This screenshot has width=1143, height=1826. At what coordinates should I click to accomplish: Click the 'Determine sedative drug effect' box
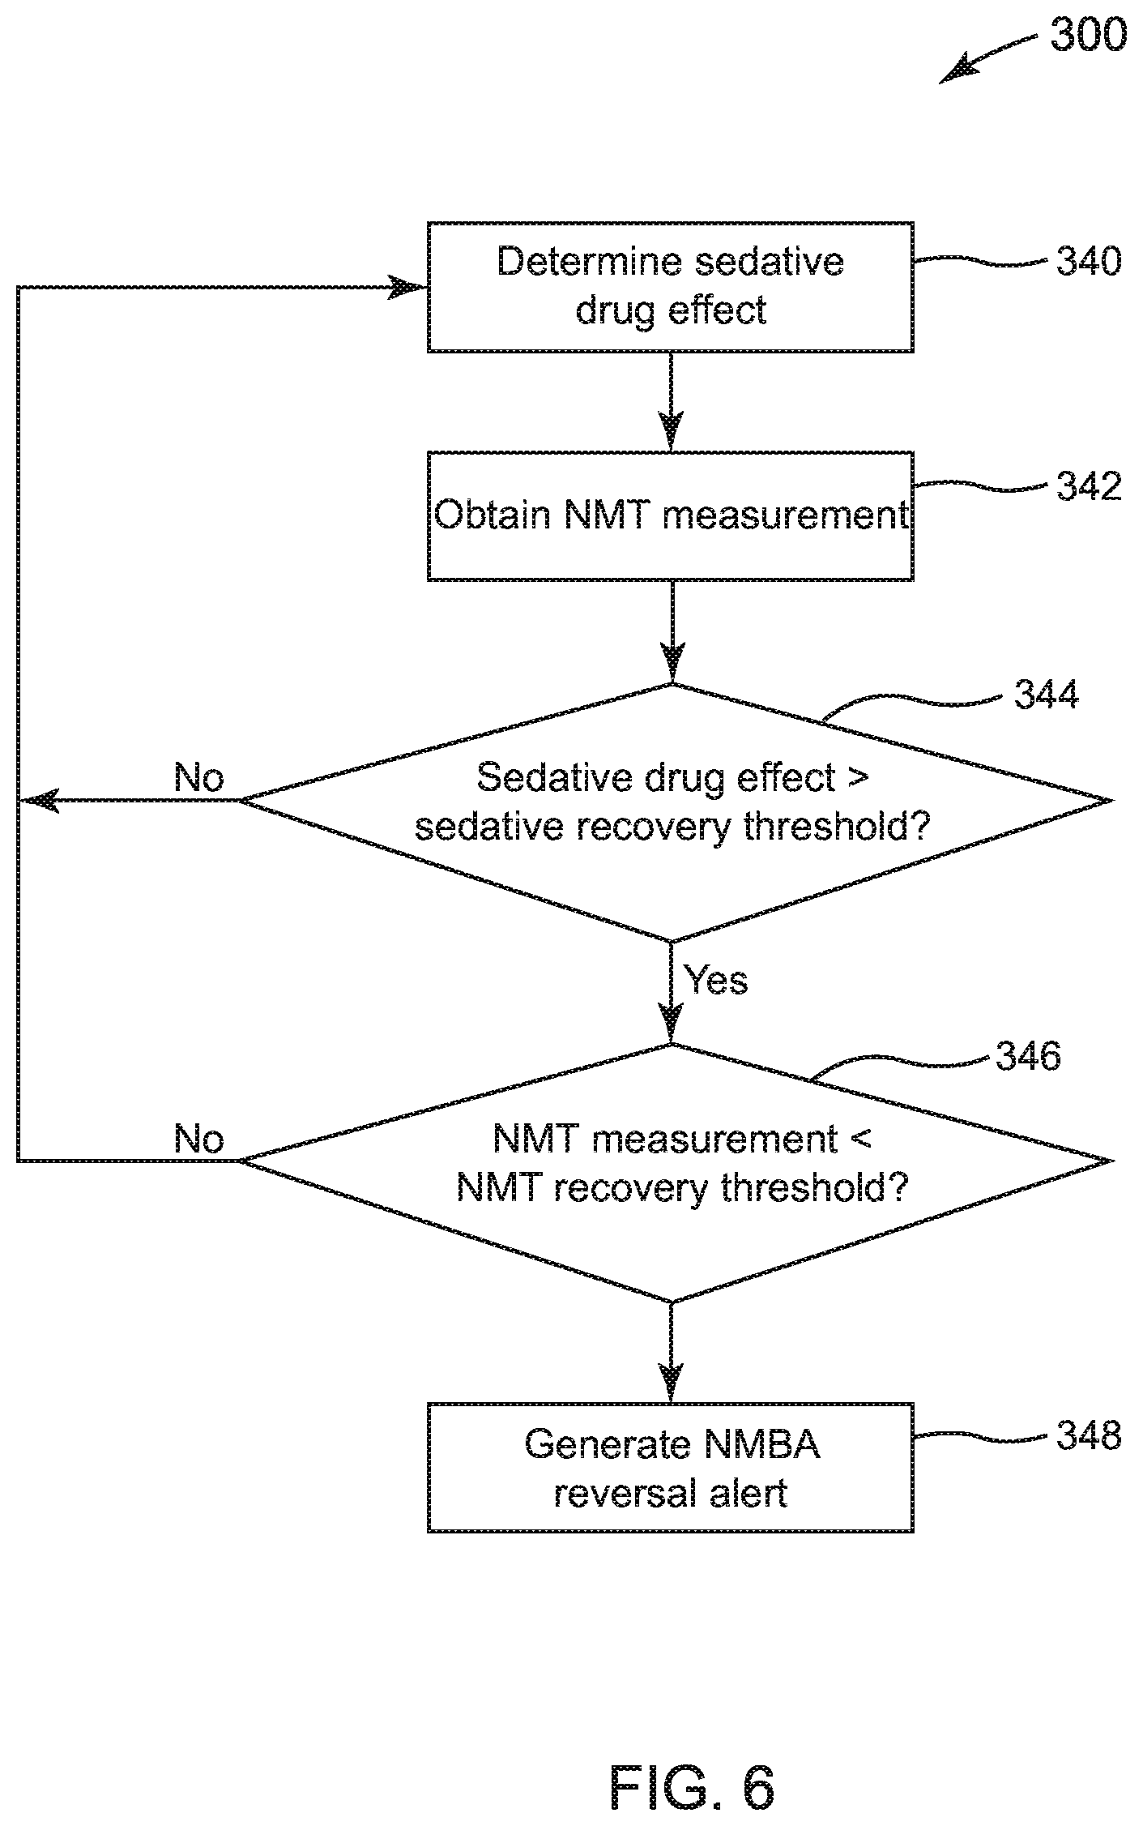[671, 287]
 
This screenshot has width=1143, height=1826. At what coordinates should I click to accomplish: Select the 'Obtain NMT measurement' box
[671, 516]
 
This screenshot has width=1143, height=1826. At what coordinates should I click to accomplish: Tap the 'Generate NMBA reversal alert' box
[671, 1468]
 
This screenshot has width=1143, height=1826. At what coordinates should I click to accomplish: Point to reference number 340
[1089, 262]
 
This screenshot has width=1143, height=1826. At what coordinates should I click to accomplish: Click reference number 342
[1089, 486]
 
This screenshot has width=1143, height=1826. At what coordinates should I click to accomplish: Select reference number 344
[1047, 695]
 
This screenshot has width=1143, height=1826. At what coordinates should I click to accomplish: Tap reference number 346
[1027, 1056]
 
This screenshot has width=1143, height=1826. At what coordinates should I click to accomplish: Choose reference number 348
[1089, 1435]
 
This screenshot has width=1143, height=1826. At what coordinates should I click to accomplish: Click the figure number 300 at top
[1088, 36]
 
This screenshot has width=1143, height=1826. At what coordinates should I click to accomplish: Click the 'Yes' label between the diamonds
[717, 980]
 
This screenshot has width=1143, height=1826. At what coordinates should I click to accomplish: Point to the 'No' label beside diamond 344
[199, 778]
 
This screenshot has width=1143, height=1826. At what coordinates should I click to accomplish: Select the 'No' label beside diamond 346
[199, 1139]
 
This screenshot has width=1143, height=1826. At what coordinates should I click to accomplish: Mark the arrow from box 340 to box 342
[672, 402]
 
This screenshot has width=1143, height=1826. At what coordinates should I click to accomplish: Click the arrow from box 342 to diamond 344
[672, 632]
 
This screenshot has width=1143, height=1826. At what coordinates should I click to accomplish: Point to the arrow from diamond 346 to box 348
[672, 1353]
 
